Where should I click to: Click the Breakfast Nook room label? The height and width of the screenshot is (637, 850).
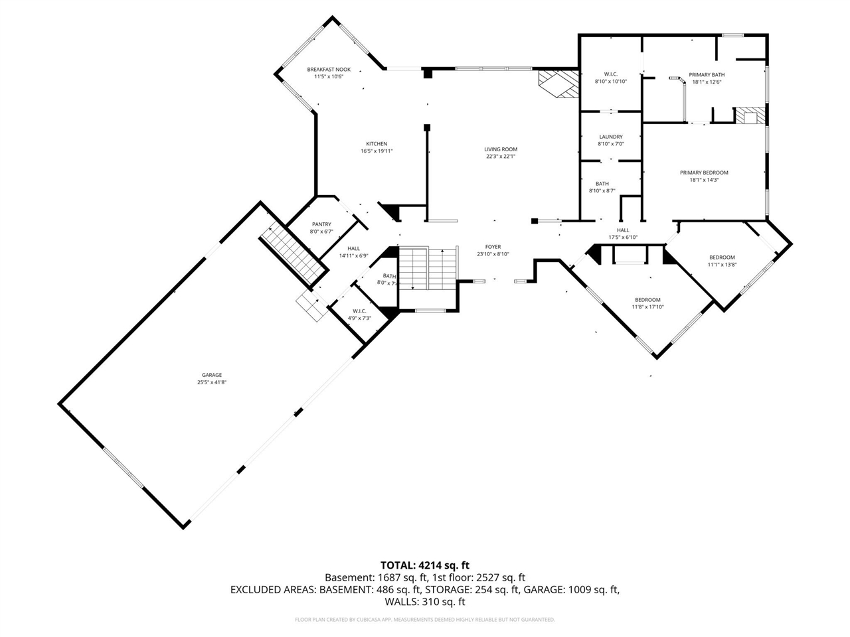tap(328, 70)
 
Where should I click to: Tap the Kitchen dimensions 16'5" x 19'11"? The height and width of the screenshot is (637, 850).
tap(377, 151)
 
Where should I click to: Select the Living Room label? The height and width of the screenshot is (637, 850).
tap(500, 149)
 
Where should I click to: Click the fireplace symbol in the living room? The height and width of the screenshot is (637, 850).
tap(556, 84)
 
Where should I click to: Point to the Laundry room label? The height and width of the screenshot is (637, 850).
tap(610, 137)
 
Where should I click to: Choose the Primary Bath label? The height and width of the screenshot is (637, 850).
tap(706, 75)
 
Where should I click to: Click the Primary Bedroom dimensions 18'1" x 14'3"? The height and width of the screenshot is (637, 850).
tap(704, 180)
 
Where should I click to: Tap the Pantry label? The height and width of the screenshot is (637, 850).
tap(321, 224)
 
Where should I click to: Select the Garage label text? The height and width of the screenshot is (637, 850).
tap(212, 375)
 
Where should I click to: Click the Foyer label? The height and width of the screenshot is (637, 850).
tap(493, 247)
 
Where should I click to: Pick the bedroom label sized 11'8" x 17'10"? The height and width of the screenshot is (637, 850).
tap(647, 299)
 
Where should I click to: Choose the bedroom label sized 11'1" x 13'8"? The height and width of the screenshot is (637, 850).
tap(722, 257)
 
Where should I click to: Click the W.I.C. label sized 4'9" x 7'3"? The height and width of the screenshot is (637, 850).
tap(359, 311)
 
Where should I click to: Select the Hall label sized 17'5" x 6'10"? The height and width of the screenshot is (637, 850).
tap(622, 230)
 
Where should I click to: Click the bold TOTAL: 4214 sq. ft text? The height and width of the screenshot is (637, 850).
tap(424, 565)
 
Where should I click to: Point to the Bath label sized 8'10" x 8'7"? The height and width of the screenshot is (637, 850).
tap(602, 184)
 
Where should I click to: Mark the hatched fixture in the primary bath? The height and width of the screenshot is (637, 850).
tap(750, 115)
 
